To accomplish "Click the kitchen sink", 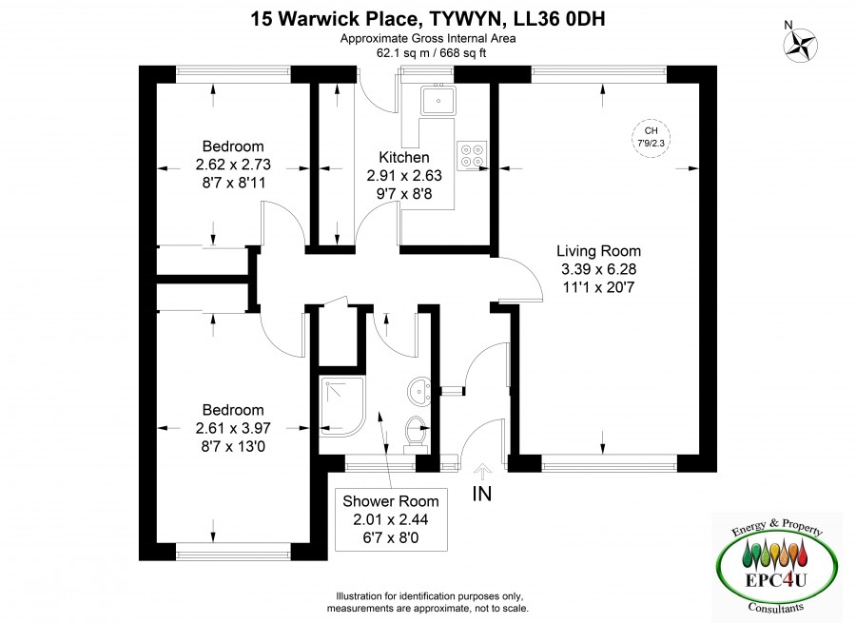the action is click(x=438, y=101).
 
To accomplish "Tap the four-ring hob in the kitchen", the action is click(x=472, y=156).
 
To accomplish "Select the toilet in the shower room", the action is click(x=417, y=435).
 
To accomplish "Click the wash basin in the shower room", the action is click(x=418, y=391).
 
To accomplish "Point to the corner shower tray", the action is click(x=342, y=406).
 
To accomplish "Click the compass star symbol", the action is click(x=800, y=45).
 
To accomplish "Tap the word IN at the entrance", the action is click(x=482, y=494).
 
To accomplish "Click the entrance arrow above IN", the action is click(x=482, y=471).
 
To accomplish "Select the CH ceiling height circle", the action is click(x=651, y=138).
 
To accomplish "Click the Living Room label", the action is click(x=598, y=250).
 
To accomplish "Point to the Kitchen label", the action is click(x=404, y=157).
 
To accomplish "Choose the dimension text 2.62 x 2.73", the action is click(x=233, y=165).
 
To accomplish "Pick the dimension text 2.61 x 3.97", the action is click(x=233, y=428).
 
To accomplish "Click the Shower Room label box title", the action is click(x=390, y=501).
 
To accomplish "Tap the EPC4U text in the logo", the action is click(x=776, y=579).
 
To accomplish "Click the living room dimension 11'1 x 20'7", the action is click(x=598, y=287).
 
